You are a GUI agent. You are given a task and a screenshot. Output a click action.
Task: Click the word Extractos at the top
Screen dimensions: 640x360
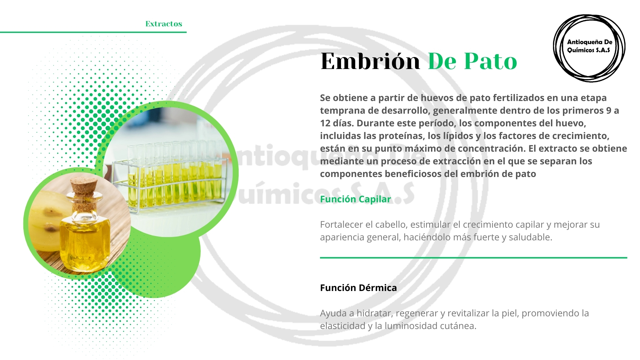(164, 24)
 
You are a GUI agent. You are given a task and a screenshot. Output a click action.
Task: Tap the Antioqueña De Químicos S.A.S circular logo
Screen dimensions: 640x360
(589, 48)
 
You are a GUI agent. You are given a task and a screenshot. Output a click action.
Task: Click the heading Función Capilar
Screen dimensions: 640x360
(355, 199)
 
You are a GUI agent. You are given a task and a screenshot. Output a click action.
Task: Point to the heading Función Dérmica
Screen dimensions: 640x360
(358, 288)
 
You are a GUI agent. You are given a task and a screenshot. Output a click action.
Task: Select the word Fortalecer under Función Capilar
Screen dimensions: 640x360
(341, 225)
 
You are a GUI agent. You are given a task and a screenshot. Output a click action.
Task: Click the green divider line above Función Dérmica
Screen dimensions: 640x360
(473, 258)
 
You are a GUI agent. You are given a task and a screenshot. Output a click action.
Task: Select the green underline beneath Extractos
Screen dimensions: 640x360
(93, 32)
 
